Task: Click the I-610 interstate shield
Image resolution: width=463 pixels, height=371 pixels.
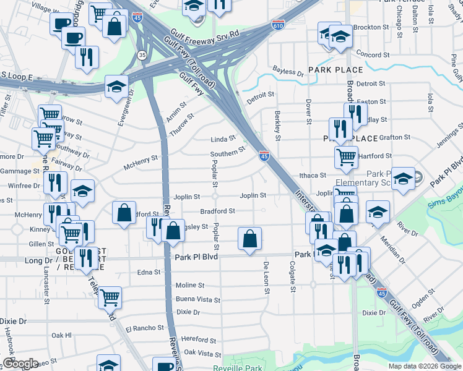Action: pos(278,25)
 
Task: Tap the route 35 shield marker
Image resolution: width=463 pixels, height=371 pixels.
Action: pos(142,55)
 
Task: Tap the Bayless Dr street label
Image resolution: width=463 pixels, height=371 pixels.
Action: pos(288,72)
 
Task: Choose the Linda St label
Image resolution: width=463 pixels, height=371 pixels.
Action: pos(223,139)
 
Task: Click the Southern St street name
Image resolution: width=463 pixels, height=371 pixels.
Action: pos(228,153)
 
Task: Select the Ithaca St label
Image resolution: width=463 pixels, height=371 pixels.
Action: pos(313,176)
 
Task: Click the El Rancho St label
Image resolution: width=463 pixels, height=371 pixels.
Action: pos(144,328)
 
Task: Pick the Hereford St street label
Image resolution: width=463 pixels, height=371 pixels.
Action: pos(198,339)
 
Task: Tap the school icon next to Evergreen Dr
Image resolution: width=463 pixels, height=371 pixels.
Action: pos(116,86)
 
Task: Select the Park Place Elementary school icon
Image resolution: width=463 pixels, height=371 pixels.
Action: pos(403,179)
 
